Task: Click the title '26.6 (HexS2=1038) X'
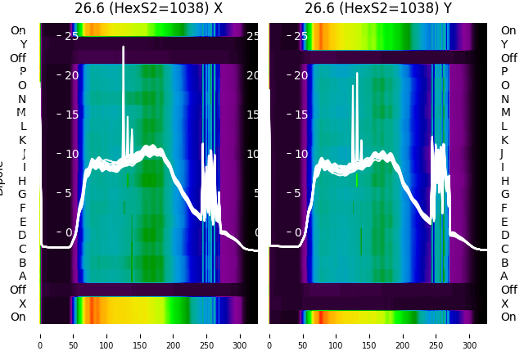pyautogui.click(x=148, y=9)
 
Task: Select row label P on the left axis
pyautogui.click(x=22, y=72)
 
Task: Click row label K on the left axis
pyautogui.click(x=22, y=140)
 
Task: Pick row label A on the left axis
pyautogui.click(x=22, y=276)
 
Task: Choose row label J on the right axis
pyautogui.click(x=502, y=153)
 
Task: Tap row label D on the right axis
pyautogui.click(x=504, y=235)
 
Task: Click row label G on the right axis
pyautogui.click(x=505, y=194)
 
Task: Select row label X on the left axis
pyautogui.click(x=22, y=303)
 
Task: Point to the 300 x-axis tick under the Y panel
pyautogui.click(x=470, y=335)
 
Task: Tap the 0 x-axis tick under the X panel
pyautogui.click(x=40, y=335)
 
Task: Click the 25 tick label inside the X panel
pyautogui.click(x=70, y=36)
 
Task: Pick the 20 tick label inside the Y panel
pyautogui.click(x=300, y=75)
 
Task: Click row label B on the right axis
pyautogui.click(x=504, y=263)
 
